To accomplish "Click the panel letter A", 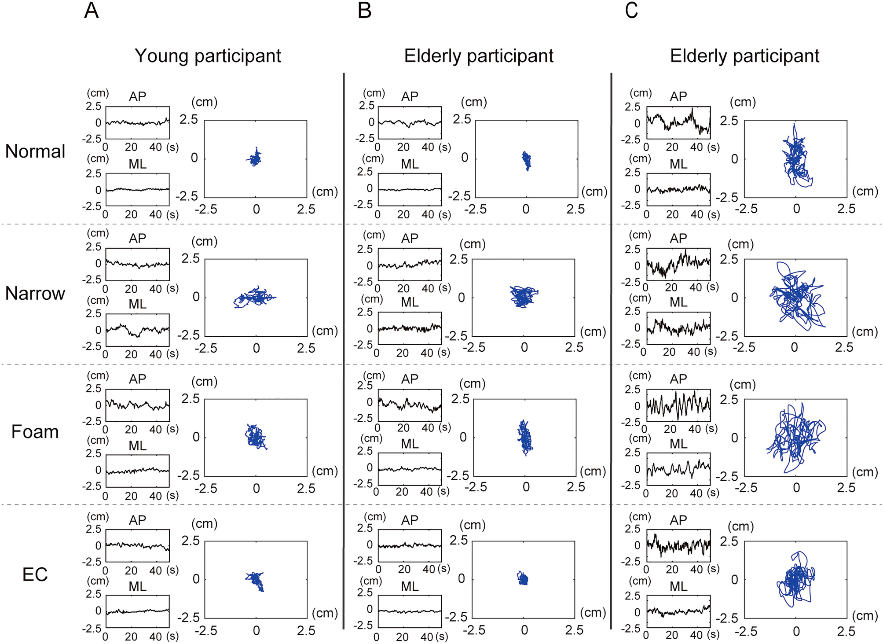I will pyautogui.click(x=91, y=10).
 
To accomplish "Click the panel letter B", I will pyautogui.click(x=365, y=10).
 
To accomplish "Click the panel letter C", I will pyautogui.click(x=631, y=10).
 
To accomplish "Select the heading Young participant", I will pyautogui.click(x=208, y=56).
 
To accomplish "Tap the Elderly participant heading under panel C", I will pyautogui.click(x=744, y=56).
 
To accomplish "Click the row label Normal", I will pyautogui.click(x=35, y=151).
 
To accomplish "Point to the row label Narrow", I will pyautogui.click(x=35, y=293).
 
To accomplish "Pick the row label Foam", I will pyautogui.click(x=35, y=432).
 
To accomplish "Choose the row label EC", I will pyautogui.click(x=35, y=574).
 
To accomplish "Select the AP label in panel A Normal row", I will pyautogui.click(x=137, y=96).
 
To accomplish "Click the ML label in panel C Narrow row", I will pyautogui.click(x=678, y=302).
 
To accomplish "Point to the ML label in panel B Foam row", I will pyautogui.click(x=410, y=444).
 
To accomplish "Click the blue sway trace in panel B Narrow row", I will pyautogui.click(x=523, y=296).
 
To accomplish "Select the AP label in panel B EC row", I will pyautogui.click(x=410, y=520).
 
